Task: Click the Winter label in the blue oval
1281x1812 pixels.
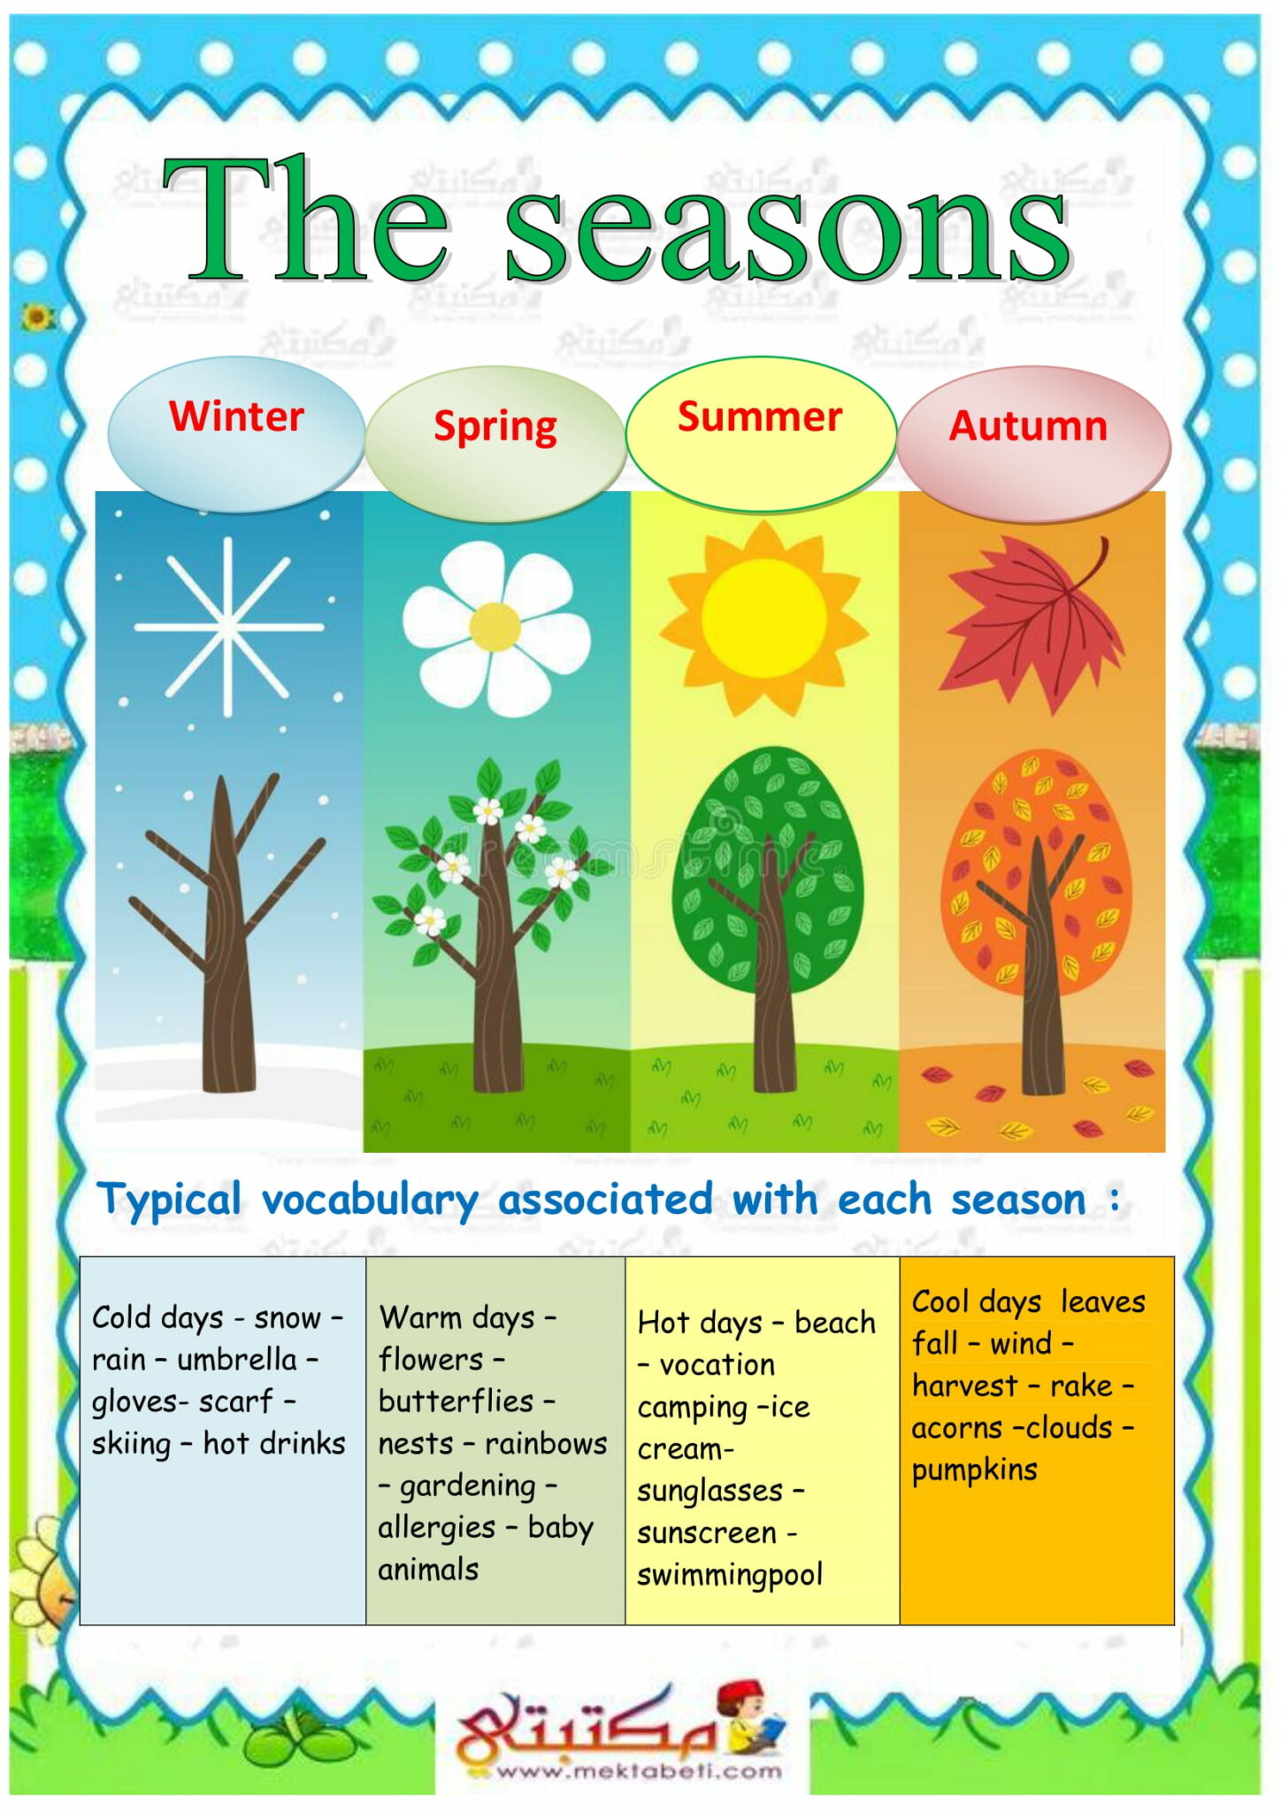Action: point(236,416)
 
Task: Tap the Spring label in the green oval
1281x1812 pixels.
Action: point(495,426)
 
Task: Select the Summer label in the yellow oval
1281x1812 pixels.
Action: point(760,417)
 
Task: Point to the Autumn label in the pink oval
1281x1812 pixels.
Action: point(1028,426)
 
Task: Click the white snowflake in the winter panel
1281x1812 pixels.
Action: point(228,626)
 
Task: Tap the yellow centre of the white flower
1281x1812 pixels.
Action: point(495,626)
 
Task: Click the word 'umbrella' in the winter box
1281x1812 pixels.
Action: point(237,1360)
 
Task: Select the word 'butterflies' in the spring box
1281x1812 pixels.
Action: point(456,1402)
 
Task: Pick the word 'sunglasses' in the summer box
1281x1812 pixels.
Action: point(710,1491)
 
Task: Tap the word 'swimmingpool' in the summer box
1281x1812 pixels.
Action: point(730,1575)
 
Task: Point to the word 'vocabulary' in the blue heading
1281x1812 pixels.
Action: point(370,1201)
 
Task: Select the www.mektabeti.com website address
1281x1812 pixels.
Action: point(639,1771)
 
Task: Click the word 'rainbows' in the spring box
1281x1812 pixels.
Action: point(546,1444)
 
